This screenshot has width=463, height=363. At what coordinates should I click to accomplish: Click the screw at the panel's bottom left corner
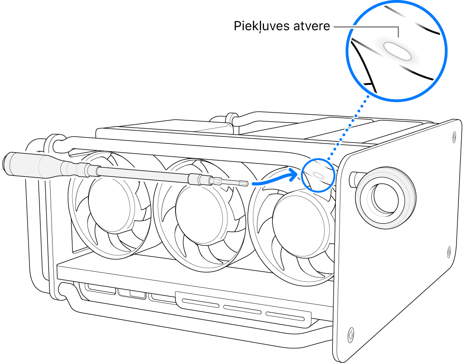click(351, 332)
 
